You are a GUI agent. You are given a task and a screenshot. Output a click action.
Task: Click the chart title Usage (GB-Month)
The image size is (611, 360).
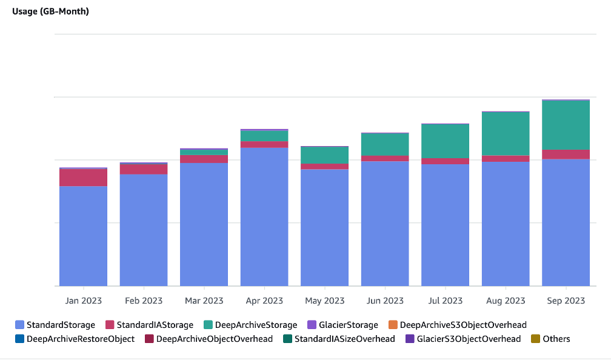50,12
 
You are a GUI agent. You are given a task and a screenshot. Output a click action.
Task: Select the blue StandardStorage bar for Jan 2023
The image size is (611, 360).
83,236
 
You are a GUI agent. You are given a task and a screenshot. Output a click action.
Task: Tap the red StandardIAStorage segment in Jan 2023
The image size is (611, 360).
83,178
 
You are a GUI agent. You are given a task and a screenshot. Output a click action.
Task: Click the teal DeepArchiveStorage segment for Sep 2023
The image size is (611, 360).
566,125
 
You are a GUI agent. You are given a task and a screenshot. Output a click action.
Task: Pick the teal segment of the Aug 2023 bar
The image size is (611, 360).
506,134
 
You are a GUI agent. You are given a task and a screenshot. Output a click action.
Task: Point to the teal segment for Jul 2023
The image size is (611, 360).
445,141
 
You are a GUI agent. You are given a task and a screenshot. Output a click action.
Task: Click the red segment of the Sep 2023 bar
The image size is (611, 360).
566,155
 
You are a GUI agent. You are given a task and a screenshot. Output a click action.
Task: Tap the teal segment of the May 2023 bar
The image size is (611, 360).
324,155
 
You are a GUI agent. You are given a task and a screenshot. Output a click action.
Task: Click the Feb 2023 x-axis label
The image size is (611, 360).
144,301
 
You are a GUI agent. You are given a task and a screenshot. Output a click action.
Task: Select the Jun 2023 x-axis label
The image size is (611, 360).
385,301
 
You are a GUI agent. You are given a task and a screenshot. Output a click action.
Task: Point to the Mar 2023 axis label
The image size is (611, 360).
204,301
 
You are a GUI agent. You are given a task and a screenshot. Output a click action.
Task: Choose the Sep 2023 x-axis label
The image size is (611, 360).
566,301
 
